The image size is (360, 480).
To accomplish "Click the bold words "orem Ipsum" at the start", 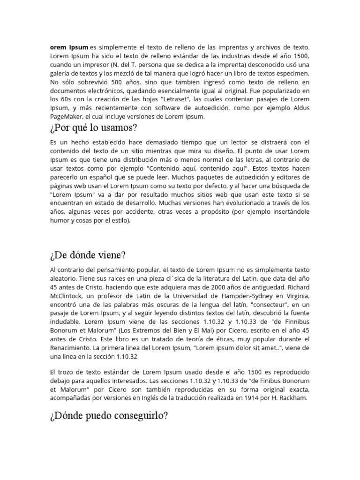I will click(68, 47).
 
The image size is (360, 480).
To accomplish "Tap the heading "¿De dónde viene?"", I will click(87, 255).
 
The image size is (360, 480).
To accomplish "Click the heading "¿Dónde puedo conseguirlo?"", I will click(108, 415).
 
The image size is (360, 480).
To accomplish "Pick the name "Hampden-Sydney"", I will click(247, 296).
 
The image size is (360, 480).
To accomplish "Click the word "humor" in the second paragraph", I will click(59, 220).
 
